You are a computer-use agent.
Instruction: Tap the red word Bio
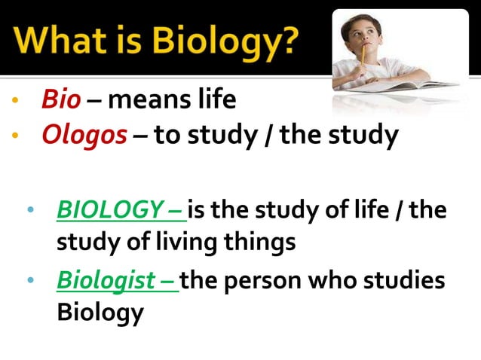pos(57,99)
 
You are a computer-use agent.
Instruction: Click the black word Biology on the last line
pos(100,312)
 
